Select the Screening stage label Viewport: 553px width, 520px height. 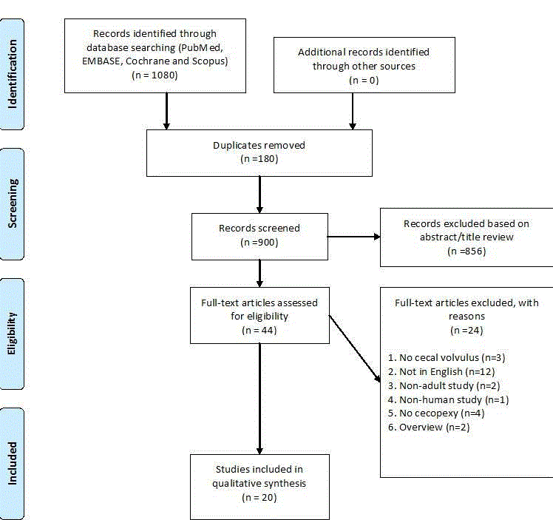[x=12, y=203]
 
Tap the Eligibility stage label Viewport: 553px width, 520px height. [x=12, y=334]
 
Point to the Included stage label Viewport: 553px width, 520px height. [x=12, y=463]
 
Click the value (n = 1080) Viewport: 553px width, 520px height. [x=155, y=75]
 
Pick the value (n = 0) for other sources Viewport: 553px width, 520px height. [x=363, y=79]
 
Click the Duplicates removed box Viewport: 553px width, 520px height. [x=259, y=152]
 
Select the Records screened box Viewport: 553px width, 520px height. [x=259, y=236]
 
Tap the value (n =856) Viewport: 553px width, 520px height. [x=466, y=251]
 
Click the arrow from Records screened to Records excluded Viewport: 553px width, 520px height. [x=353, y=237]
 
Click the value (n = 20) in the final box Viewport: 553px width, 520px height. [x=259, y=498]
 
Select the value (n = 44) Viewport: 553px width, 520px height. [x=259, y=330]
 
